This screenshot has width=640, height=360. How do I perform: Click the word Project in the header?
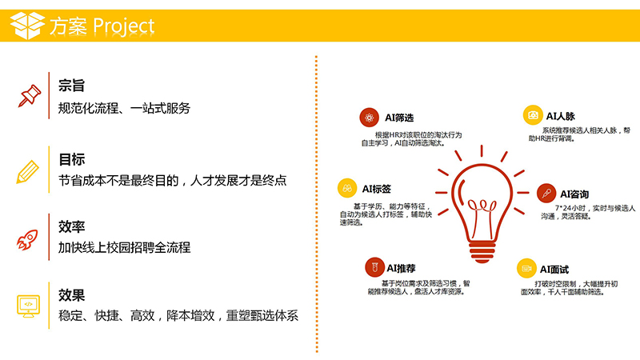(124, 26)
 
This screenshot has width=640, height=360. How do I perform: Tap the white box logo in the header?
(27, 26)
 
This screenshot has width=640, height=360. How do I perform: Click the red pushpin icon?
(30, 96)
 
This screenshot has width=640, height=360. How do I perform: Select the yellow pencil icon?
(28, 172)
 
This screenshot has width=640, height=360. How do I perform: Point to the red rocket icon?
(27, 239)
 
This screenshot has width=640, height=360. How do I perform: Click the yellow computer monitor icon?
(28, 306)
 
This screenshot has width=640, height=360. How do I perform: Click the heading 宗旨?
(71, 86)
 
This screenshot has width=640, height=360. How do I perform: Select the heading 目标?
(71, 158)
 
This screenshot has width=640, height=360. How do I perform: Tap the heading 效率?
(71, 226)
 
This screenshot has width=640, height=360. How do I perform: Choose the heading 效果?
(71, 294)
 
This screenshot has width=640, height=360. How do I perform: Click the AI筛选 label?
(399, 118)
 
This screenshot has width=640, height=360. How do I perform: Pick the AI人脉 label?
(561, 116)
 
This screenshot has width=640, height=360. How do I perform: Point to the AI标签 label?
(376, 189)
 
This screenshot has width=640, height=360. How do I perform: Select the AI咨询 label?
(574, 194)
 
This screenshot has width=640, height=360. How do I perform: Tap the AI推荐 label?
(402, 268)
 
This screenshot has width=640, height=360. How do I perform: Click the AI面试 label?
(554, 270)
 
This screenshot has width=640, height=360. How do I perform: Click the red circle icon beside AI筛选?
(370, 118)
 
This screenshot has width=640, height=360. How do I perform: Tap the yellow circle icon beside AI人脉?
(533, 115)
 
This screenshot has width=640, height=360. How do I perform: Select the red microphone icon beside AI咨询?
(546, 194)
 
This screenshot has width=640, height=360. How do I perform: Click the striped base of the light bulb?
(482, 252)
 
